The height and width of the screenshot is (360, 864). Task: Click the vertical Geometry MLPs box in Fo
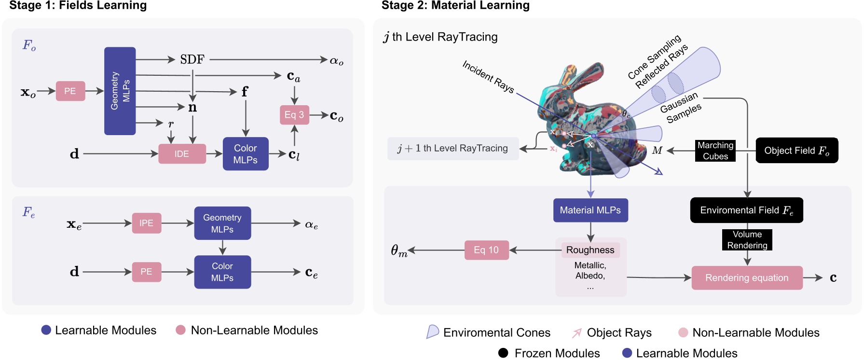click(x=120, y=91)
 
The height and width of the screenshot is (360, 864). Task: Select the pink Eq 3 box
click(x=294, y=115)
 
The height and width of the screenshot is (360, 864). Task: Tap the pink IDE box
click(x=182, y=154)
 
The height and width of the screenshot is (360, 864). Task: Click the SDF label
click(x=192, y=59)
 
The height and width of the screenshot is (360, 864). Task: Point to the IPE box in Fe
click(x=146, y=223)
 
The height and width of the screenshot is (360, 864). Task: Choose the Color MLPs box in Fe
click(x=222, y=272)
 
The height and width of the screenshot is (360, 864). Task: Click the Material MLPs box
click(x=590, y=210)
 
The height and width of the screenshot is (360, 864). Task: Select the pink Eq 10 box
click(x=486, y=250)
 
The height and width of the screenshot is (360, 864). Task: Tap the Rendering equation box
click(x=746, y=278)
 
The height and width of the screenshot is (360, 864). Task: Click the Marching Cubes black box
click(x=715, y=151)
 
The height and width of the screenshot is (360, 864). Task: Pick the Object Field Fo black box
click(x=796, y=151)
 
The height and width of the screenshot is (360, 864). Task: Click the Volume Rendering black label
click(x=747, y=240)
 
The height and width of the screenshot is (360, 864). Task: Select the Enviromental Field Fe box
click(x=746, y=210)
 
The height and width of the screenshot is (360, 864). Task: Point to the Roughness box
click(x=590, y=250)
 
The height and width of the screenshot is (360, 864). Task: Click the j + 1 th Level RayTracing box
click(x=453, y=149)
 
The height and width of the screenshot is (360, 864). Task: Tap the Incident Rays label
click(x=488, y=76)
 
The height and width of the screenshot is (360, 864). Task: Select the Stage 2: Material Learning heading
click(x=455, y=6)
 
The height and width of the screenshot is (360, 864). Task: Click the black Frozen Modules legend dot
click(x=503, y=353)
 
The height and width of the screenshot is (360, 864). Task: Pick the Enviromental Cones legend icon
click(x=432, y=332)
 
